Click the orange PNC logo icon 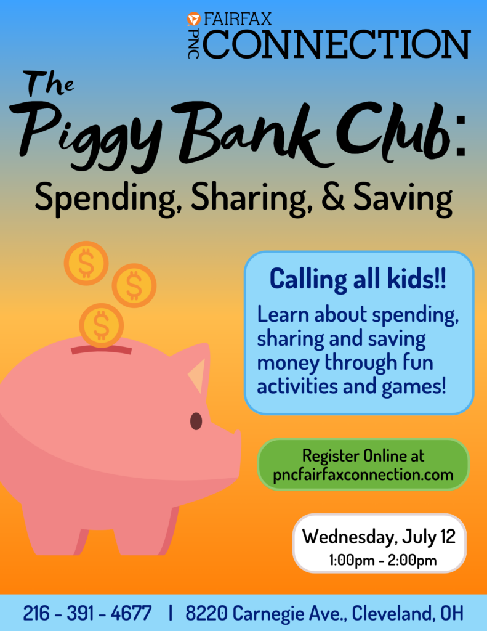tap(193, 19)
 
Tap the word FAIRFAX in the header tap(238, 19)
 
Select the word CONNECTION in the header tap(337, 44)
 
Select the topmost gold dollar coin tap(86, 263)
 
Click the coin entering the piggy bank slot tap(101, 325)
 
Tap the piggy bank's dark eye tap(196, 421)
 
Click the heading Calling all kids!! tap(358, 279)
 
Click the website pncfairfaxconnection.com tap(363, 475)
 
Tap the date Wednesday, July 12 tap(379, 537)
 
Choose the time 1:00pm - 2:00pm tap(383, 560)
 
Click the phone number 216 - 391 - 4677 tap(87, 613)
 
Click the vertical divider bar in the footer tap(171, 613)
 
